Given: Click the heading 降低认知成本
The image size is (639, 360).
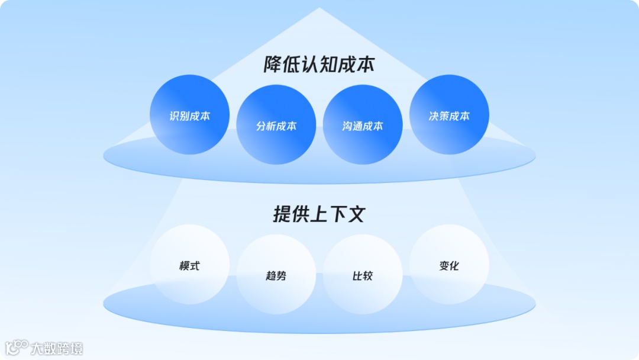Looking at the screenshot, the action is coord(319,65).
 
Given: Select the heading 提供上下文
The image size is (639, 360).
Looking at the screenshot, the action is coord(319,214).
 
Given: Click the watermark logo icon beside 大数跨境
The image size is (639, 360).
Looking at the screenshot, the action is coord(16,348).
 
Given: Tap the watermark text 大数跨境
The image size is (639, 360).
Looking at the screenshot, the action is coord(57,348).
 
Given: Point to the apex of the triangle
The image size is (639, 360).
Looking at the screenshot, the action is coord(319,9).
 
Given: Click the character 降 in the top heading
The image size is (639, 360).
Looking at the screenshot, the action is coord(274,65).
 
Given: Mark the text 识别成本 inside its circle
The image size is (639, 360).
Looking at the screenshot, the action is coord(189,116).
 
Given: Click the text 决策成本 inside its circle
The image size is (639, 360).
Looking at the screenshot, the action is coord(449,116).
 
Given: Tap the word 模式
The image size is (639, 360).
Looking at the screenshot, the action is coord(189,266).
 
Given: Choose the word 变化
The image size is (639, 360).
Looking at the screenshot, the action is coord(449,266).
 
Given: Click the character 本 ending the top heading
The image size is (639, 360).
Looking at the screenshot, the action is coord(364,65).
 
